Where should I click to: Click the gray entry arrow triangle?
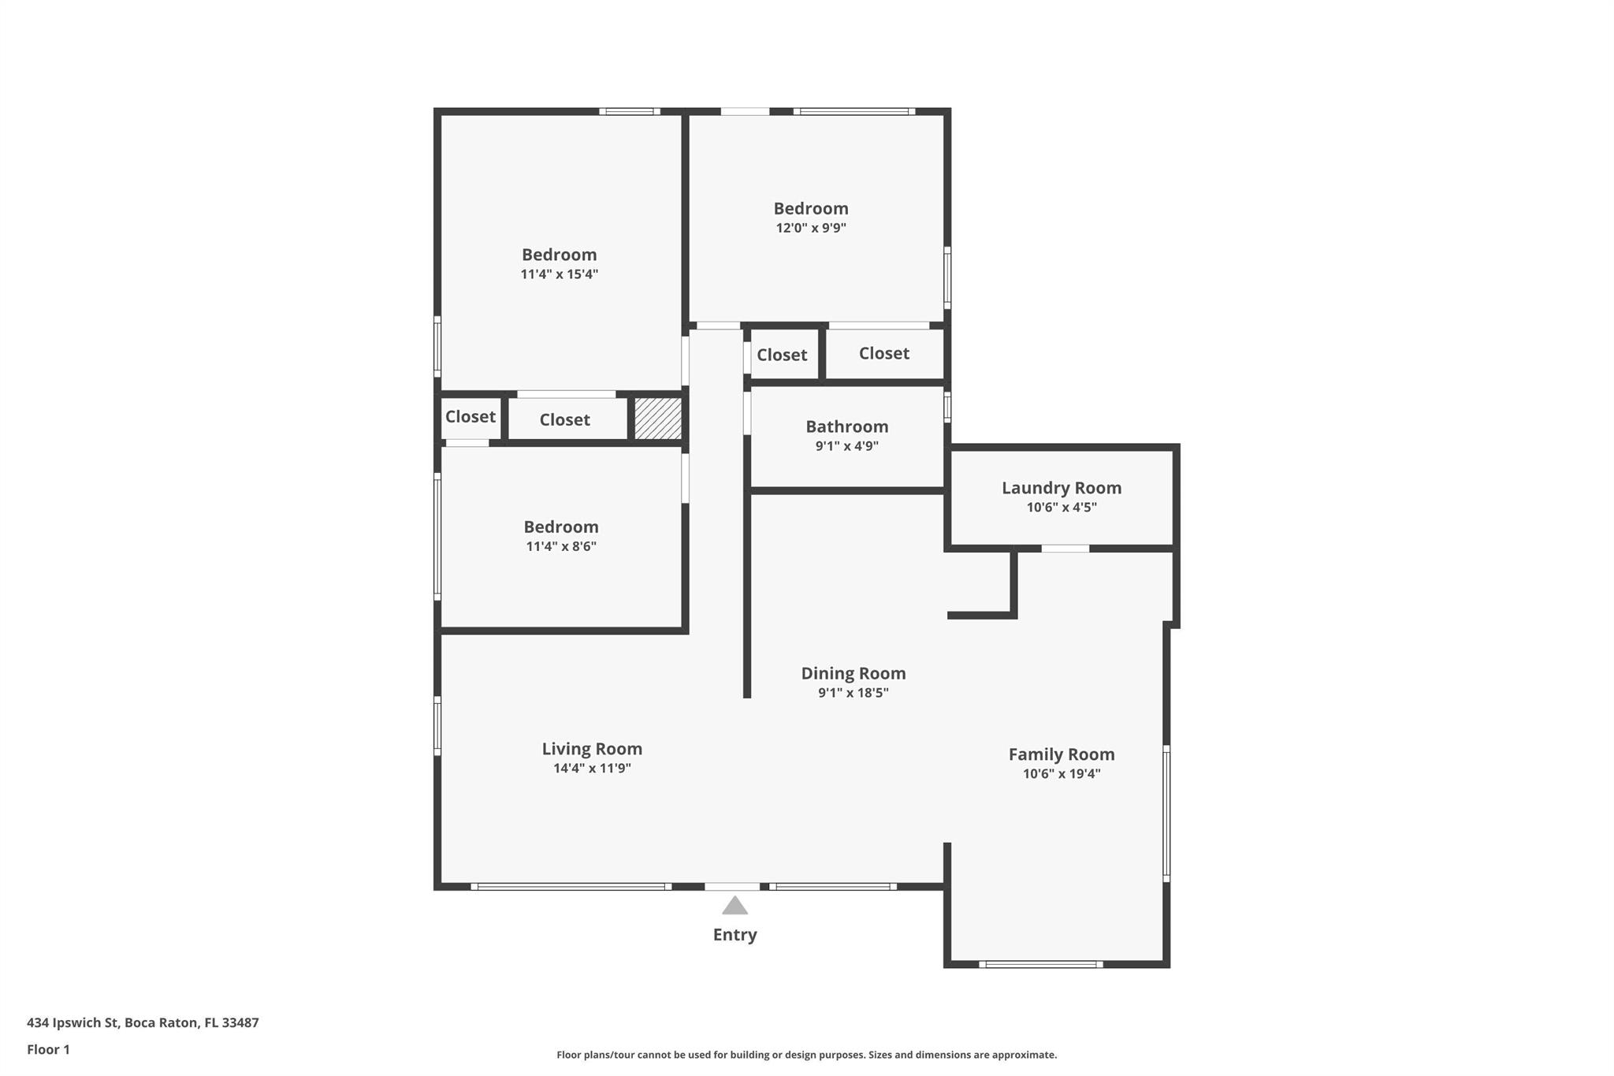click(x=734, y=905)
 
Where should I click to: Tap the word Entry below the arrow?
click(x=734, y=935)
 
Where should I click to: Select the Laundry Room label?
click(x=1062, y=488)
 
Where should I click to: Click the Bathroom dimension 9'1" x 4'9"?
click(x=846, y=446)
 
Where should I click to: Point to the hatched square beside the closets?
click(x=658, y=419)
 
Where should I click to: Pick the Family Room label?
click(x=1062, y=754)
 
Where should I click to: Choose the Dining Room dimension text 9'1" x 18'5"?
click(x=853, y=693)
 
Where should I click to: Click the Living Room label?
click(x=592, y=749)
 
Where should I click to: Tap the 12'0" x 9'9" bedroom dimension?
click(x=811, y=228)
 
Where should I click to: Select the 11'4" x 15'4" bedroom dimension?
click(x=560, y=274)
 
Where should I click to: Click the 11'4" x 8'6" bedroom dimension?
click(x=561, y=546)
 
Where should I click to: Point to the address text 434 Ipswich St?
click(x=73, y=1022)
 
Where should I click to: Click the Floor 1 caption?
click(x=48, y=1049)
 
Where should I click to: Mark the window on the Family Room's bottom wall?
click(x=1040, y=964)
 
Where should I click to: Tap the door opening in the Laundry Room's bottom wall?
click(x=1065, y=548)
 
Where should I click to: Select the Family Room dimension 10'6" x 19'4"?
click(x=1062, y=774)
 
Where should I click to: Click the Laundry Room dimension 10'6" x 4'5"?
click(x=1062, y=508)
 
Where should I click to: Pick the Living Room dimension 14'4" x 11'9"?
click(x=592, y=769)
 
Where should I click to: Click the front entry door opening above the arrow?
click(x=732, y=887)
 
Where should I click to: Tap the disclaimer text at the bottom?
click(x=807, y=1055)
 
